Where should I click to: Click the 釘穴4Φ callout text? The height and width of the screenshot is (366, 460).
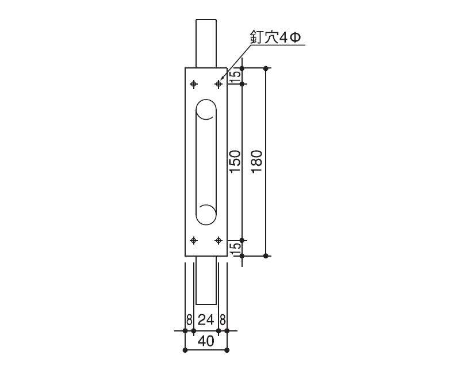pos(275,37)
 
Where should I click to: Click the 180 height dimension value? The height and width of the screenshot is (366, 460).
pos(256,162)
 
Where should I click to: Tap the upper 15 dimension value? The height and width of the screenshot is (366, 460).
pos(235,76)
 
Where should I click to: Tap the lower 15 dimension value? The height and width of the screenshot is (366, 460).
pos(235,248)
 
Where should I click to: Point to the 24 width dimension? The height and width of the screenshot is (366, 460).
pos(206,320)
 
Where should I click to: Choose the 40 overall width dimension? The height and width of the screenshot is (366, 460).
pos(206,341)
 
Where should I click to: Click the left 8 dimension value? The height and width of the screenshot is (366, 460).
pos(189,320)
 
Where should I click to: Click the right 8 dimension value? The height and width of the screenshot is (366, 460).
pos(223,320)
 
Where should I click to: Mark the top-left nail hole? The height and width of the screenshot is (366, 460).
pos(194,84)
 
